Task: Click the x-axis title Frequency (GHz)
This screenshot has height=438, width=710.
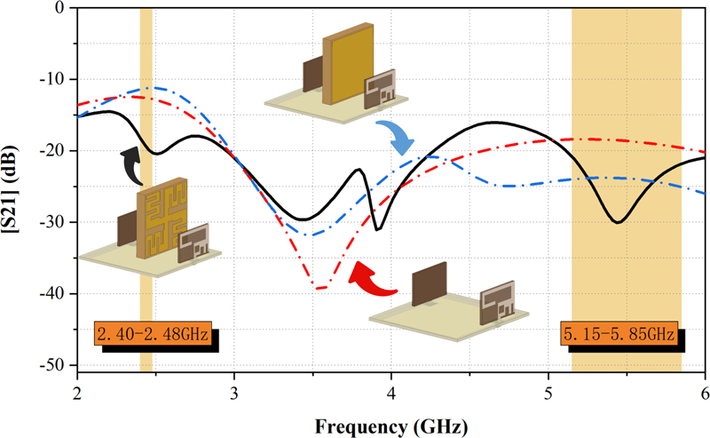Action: (x=391, y=426)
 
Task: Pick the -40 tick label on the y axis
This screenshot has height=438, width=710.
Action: (x=56, y=293)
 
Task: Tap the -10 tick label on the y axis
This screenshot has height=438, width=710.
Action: (x=56, y=79)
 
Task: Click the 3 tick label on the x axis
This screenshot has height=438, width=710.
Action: (x=234, y=392)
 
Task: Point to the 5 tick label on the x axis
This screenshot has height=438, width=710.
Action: (x=548, y=392)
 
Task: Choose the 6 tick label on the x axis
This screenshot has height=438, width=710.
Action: (x=705, y=392)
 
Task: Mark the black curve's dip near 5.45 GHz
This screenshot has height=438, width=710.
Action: (x=619, y=222)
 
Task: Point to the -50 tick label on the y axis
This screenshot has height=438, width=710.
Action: (x=56, y=365)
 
